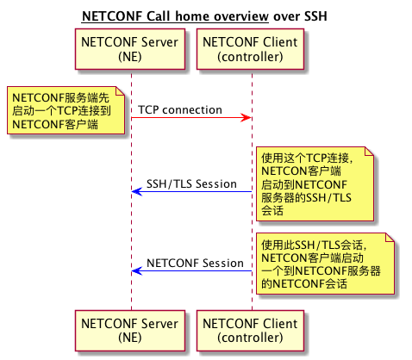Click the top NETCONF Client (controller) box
tap(250, 48)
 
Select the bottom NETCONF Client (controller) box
tap(250, 331)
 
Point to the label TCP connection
tap(179, 110)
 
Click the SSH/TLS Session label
tap(191, 183)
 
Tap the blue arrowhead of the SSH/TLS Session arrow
tap(137, 190)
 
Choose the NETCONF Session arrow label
tap(195, 263)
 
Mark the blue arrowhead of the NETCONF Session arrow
tap(137, 270)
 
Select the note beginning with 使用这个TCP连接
tap(315, 183)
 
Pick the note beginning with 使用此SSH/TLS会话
tap(326, 263)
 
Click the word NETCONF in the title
tap(111, 16)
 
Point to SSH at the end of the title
tap(315, 16)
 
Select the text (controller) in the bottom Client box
tap(250, 338)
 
